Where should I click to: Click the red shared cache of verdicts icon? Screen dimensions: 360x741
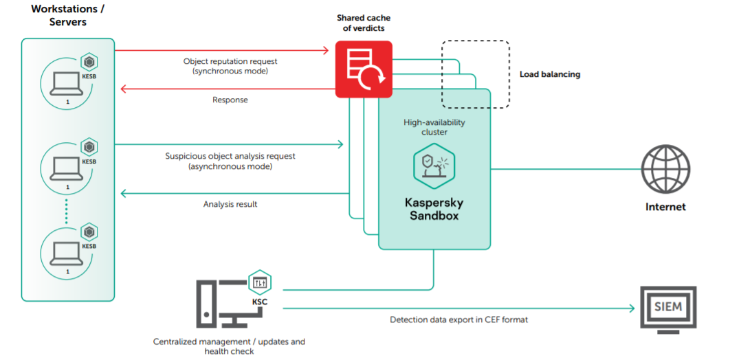(x=364, y=69)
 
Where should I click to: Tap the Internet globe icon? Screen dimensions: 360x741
(x=665, y=169)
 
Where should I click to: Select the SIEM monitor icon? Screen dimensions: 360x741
(x=667, y=309)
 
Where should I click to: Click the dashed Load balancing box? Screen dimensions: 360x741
(x=475, y=74)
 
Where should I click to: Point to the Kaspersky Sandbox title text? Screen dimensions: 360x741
(x=434, y=209)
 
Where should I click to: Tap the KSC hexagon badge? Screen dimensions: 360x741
(x=260, y=282)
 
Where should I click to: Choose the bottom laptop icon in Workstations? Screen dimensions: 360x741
(x=67, y=254)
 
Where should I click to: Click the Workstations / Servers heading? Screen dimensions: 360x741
(x=67, y=15)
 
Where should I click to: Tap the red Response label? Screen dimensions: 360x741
(x=230, y=100)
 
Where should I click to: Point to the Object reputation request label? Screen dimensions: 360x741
(x=230, y=66)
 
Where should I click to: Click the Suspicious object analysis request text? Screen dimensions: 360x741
(x=230, y=161)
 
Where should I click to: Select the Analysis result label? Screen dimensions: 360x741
(x=230, y=204)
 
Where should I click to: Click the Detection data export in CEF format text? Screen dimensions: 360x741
(x=458, y=319)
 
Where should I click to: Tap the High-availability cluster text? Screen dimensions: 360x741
(x=434, y=127)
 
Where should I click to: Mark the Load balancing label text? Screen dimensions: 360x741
(x=549, y=74)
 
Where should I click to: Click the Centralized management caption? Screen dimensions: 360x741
(x=230, y=346)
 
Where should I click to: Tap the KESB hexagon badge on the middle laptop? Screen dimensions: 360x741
(x=89, y=148)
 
